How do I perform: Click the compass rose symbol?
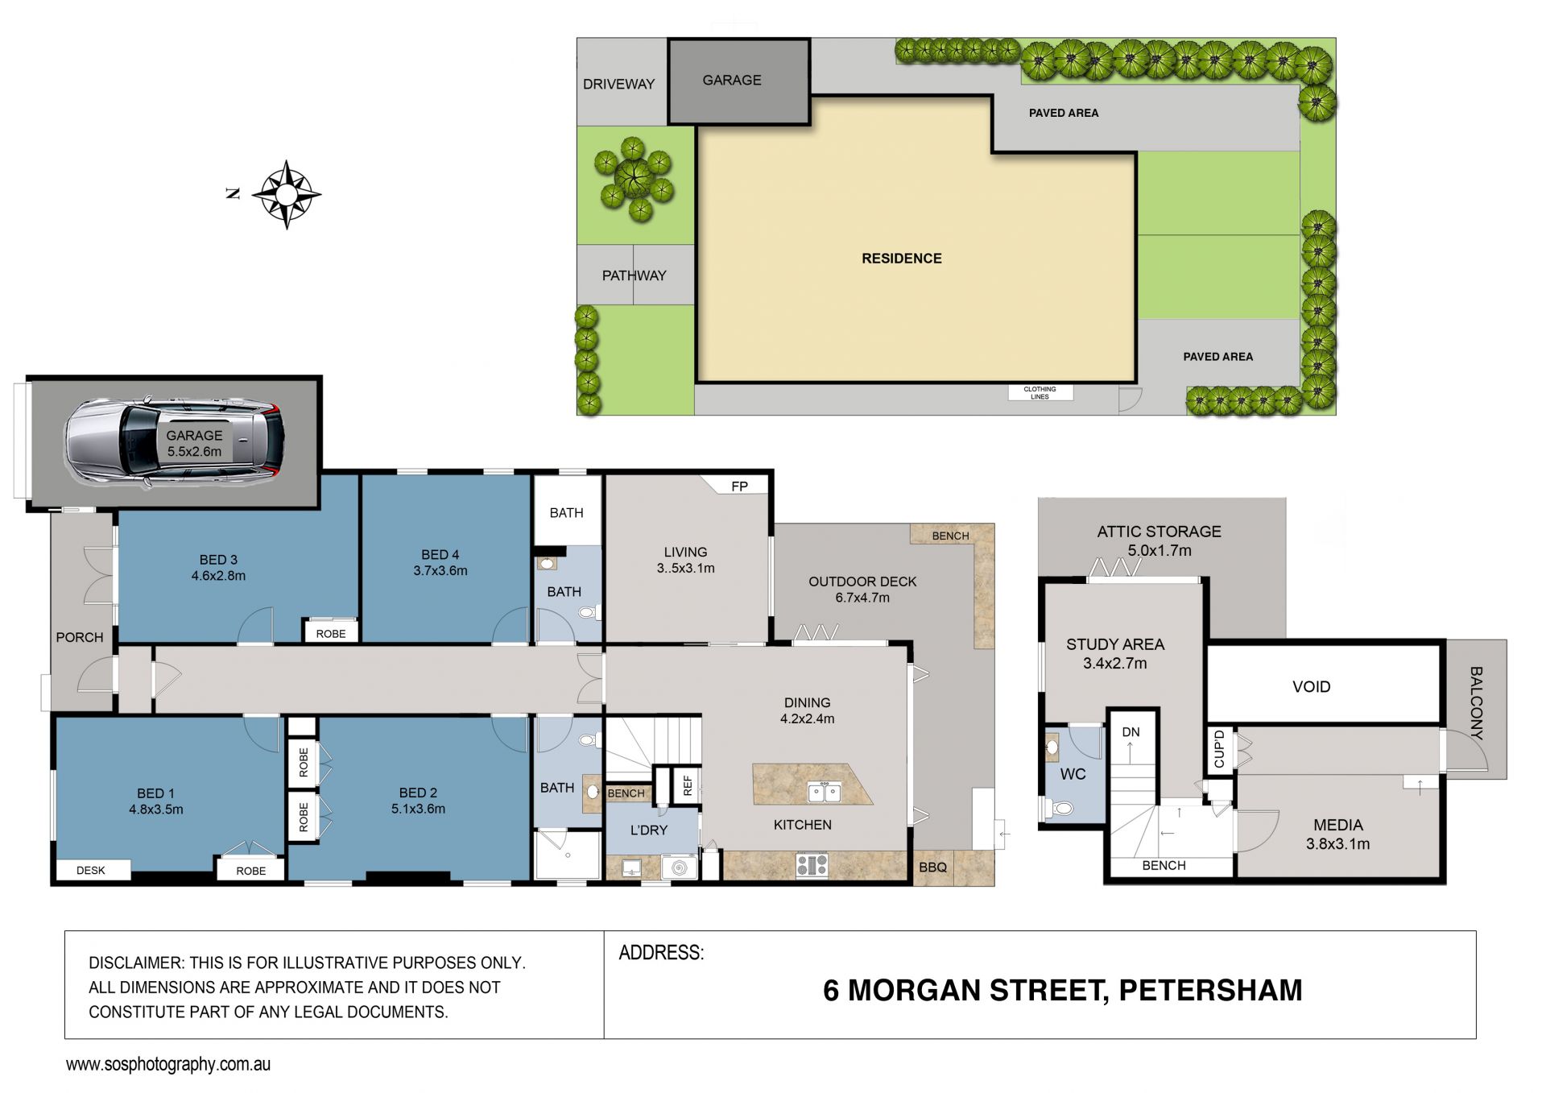tap(287, 195)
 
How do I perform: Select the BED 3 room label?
tap(218, 560)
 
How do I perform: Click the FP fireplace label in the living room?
tap(739, 486)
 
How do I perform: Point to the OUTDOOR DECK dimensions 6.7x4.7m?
tap(862, 598)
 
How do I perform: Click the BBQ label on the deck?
tap(933, 867)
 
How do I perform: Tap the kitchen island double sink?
tap(824, 793)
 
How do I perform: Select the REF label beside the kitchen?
tap(688, 785)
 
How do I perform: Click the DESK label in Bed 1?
tap(91, 871)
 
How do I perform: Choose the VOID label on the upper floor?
tap(1311, 687)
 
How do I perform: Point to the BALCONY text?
tap(1476, 703)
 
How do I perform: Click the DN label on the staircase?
tap(1131, 732)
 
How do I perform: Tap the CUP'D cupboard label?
tap(1219, 749)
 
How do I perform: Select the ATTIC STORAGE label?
tap(1159, 532)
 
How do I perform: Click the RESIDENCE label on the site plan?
tap(902, 259)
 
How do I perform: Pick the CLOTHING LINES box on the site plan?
tap(1040, 393)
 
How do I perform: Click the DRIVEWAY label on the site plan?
tap(618, 84)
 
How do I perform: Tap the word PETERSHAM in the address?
tap(1210, 991)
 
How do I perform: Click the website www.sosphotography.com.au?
tap(168, 1065)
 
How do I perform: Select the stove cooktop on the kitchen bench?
tap(812, 866)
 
